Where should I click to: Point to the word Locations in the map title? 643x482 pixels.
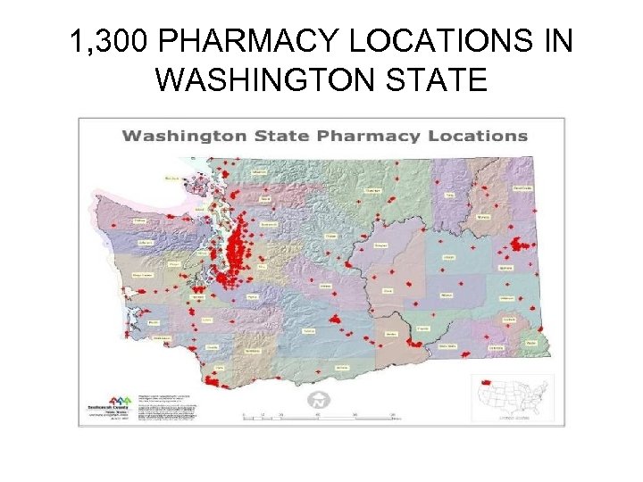[464, 137]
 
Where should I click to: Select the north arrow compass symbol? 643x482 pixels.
[317, 402]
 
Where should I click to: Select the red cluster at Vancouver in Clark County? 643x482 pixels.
[214, 381]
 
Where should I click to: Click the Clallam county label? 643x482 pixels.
[139, 220]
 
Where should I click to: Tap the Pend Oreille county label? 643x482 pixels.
[522, 188]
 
